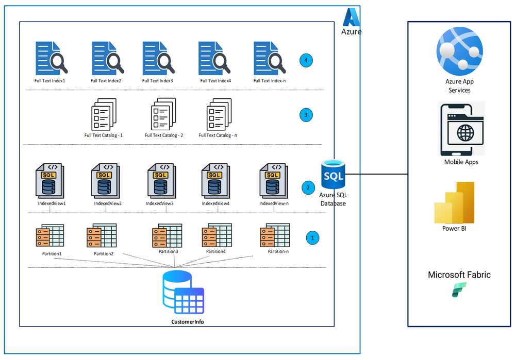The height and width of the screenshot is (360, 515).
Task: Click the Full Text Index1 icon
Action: [x=51, y=58]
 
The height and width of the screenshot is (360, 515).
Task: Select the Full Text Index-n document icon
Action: [x=269, y=58]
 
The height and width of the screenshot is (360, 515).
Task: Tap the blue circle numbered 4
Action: [x=306, y=60]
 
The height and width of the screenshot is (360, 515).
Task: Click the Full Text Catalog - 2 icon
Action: [x=163, y=114]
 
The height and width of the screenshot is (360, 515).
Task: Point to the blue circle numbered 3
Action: [x=306, y=115]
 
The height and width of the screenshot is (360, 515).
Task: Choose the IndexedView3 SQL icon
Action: [x=161, y=181]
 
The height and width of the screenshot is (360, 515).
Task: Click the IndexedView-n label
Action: [x=274, y=203]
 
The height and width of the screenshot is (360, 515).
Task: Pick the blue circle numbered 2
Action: [x=308, y=187]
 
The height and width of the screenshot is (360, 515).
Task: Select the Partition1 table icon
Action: [x=50, y=236]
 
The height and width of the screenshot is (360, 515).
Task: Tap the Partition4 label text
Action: [x=216, y=251]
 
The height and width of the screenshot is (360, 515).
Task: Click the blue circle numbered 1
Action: [x=312, y=238]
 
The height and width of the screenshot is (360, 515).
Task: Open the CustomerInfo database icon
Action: [x=184, y=292]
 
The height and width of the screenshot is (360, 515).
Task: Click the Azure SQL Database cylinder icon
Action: [x=333, y=174]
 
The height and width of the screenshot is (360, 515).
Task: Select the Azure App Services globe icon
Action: [x=459, y=51]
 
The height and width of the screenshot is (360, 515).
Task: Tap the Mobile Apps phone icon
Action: [x=461, y=130]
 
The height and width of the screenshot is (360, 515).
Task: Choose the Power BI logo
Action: [x=454, y=202]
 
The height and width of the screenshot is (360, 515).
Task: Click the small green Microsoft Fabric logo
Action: [x=459, y=290]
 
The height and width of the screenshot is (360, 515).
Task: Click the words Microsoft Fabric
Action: [x=459, y=275]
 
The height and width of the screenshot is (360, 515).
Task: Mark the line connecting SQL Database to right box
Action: [x=376, y=174]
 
